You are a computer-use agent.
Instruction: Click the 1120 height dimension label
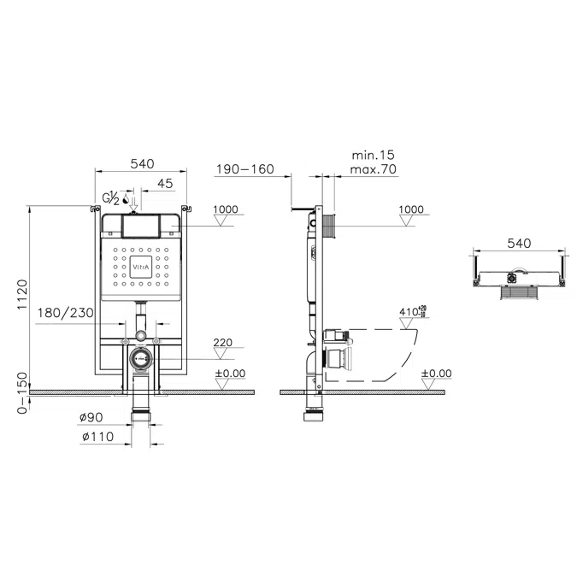(23, 295)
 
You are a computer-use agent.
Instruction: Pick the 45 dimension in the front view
(165, 183)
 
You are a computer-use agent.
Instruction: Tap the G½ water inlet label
(111, 198)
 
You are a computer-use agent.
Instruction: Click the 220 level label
(222, 342)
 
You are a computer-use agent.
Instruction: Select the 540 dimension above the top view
(519, 244)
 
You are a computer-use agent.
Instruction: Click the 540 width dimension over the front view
(141, 164)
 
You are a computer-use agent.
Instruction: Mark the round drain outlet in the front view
(142, 359)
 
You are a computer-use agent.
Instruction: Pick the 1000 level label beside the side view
(411, 209)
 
